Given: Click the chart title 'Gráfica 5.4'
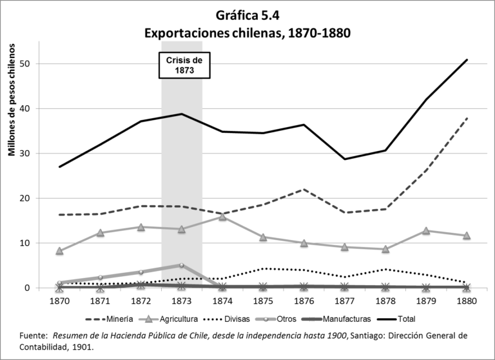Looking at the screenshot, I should (247, 14).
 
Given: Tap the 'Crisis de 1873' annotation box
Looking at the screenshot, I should (185, 65).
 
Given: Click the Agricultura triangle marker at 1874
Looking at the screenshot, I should (222, 217).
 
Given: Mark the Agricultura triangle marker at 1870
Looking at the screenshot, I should (59, 251).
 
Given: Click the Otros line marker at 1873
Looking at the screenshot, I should (182, 265).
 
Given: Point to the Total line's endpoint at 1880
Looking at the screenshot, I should (466, 60).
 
